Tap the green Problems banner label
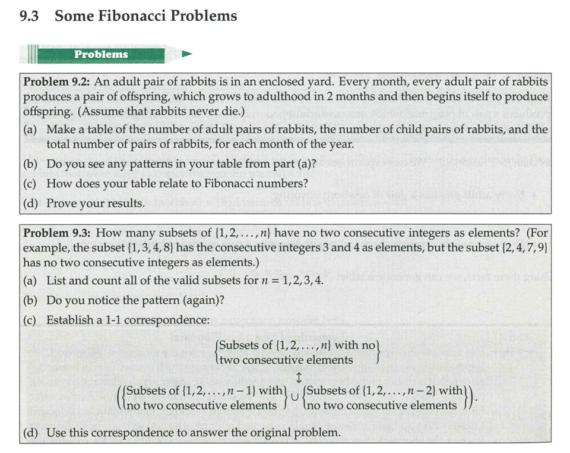pyautogui.click(x=101, y=54)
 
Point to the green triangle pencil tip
pyautogui.click(x=187, y=54)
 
